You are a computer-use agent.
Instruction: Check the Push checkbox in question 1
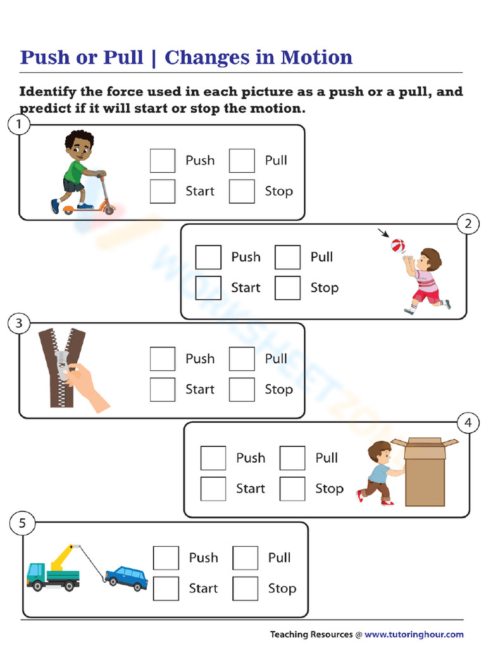(163, 161)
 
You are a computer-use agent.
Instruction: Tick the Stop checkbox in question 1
(242, 191)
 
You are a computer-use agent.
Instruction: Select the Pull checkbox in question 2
(287, 258)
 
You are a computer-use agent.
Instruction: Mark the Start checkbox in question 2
(208, 288)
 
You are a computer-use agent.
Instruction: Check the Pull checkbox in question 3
(242, 359)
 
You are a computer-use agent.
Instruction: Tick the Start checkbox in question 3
(163, 389)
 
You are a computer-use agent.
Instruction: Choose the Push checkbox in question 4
(213, 458)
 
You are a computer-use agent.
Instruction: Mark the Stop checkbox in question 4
(292, 489)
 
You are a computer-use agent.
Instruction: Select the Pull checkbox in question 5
(246, 558)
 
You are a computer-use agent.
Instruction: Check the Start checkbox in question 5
(166, 589)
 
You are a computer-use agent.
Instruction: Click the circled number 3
(19, 324)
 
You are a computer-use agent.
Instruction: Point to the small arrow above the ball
(383, 233)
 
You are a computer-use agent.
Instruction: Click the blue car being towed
(127, 577)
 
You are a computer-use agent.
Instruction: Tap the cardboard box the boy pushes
(425, 473)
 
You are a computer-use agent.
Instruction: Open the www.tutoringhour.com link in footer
(414, 634)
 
